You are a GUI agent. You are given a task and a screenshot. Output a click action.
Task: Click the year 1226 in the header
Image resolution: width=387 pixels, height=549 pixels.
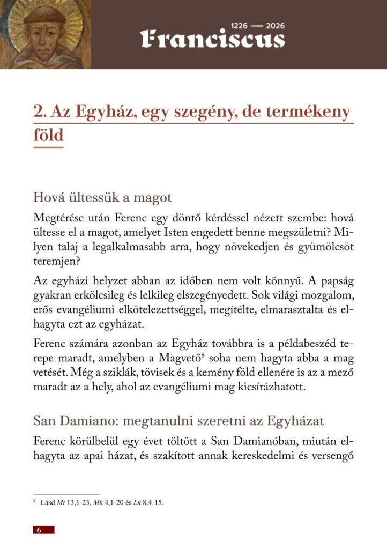pos(240,26)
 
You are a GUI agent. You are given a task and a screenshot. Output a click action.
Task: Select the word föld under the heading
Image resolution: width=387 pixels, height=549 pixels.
pos(48,135)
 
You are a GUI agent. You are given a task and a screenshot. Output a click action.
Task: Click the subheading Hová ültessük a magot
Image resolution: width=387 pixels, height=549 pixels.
pos(102,197)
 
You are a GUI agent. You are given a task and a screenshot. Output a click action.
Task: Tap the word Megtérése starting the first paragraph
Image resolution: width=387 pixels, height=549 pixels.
pos(61,219)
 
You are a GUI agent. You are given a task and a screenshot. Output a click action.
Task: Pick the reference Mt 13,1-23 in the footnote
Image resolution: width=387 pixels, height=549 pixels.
pos(68,503)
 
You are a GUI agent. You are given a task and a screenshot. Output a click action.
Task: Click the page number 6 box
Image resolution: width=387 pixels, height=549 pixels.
pos(43,530)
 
